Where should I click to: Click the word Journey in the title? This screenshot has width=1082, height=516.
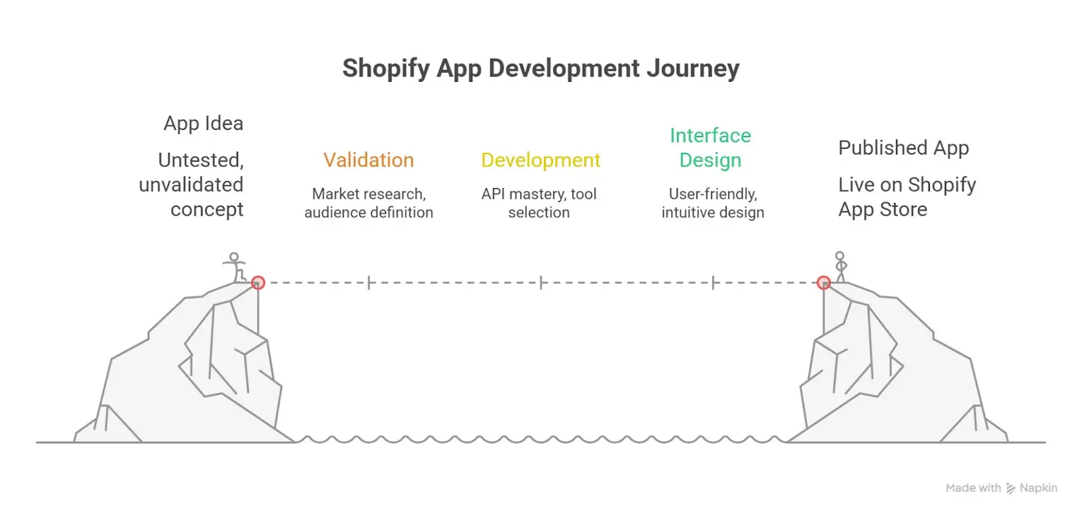(x=692, y=69)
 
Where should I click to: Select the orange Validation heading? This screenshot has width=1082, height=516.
(x=369, y=160)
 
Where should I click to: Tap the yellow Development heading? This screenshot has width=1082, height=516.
(x=540, y=160)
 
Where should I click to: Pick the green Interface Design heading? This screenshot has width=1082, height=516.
(x=710, y=148)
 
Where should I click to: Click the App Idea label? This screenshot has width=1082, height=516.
(x=204, y=124)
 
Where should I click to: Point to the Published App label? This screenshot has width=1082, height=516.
(x=903, y=148)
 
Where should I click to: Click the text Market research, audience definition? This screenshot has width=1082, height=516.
(x=369, y=203)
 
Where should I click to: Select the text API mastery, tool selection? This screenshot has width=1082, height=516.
(x=539, y=203)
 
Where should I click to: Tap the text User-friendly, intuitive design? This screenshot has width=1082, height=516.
(x=713, y=203)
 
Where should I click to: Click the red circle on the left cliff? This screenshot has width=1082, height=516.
(x=258, y=283)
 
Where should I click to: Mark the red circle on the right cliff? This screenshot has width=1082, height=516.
(x=823, y=283)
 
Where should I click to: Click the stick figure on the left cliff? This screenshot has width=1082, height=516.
(x=235, y=266)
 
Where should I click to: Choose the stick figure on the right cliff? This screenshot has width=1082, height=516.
(x=840, y=266)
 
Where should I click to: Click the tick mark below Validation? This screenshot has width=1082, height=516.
(x=369, y=283)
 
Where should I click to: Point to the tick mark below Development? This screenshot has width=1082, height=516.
(x=541, y=283)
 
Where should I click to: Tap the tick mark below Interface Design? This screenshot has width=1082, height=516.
(x=713, y=283)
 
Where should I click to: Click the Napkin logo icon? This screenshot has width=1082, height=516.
(x=1010, y=488)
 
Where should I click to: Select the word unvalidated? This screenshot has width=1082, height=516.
(x=191, y=185)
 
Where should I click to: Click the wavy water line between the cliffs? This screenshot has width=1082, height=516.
(x=541, y=440)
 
